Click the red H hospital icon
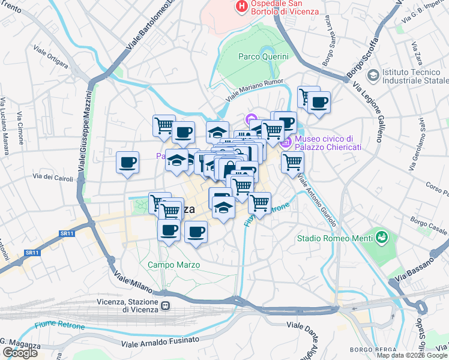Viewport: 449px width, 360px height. [241, 7]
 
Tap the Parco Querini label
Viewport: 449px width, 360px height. [264, 56]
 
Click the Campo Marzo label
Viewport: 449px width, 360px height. [173, 265]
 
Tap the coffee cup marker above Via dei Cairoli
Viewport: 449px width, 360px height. [127, 163]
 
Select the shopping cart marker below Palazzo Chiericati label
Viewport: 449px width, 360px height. [292, 162]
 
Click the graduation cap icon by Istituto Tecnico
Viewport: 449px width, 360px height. [373, 76]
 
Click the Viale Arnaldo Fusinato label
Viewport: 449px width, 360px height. [160, 342]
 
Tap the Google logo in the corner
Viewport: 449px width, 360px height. [20, 353]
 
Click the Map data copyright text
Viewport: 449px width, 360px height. [412, 355]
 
